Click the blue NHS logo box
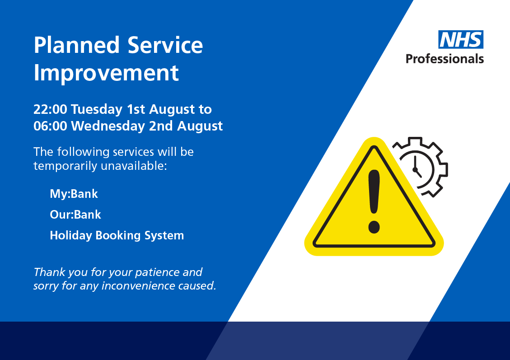point(461,40)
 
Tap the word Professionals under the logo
point(444,59)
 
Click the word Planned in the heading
point(76,46)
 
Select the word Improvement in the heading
point(106,73)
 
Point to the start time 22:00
point(50,109)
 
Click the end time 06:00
point(51,126)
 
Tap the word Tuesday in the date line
point(96,109)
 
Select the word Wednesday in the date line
point(108,126)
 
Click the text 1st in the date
point(136,109)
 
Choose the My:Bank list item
point(74,194)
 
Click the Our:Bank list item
point(75,215)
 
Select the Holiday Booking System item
point(117,235)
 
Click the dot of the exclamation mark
point(374,227)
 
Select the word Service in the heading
point(165,46)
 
